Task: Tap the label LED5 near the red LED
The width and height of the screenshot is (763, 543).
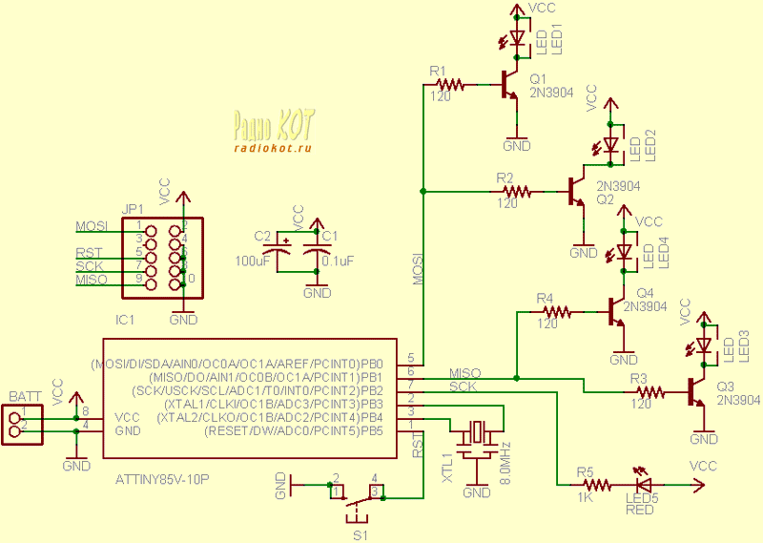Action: coord(641,496)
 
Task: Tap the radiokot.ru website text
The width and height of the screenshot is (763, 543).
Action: coord(272,147)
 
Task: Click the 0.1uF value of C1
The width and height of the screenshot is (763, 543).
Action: coord(339,260)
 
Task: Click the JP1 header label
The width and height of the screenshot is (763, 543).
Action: coord(133,209)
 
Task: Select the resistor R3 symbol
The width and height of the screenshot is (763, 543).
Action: coord(650,391)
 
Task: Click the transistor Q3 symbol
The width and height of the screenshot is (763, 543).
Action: coord(697,391)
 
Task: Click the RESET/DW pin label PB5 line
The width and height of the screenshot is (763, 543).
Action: coord(294,431)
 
